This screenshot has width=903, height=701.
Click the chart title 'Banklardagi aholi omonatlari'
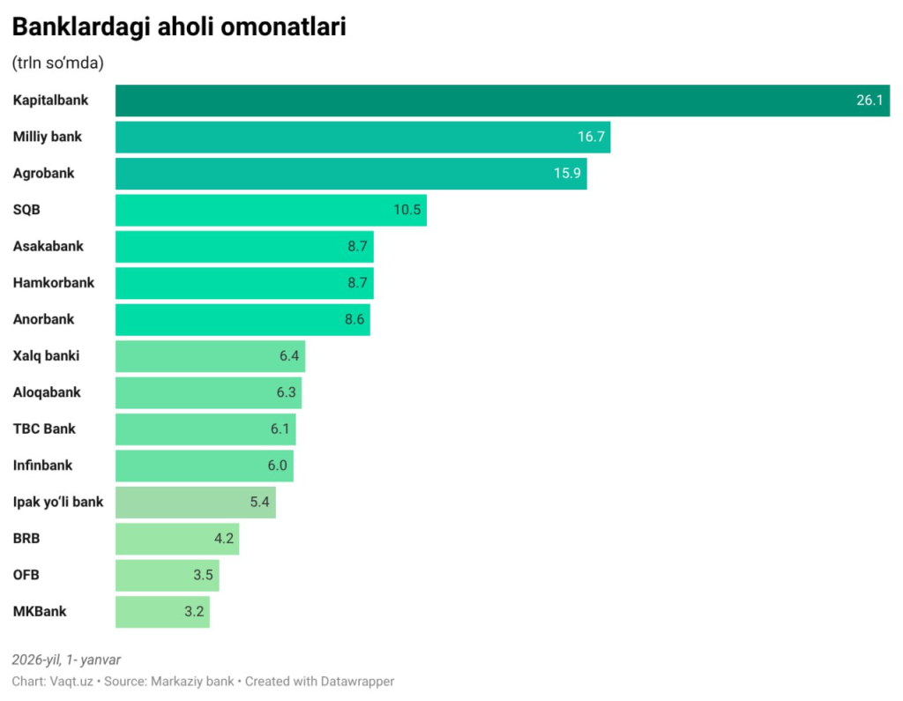[x=178, y=27]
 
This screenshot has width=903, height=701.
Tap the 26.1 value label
[x=869, y=101]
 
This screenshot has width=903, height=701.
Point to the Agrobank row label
[x=43, y=174]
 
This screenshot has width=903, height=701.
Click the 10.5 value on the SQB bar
[x=407, y=210]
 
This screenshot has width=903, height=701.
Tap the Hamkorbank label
[x=53, y=283]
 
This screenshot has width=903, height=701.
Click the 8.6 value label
[x=354, y=319]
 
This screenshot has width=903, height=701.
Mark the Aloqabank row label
[x=46, y=392]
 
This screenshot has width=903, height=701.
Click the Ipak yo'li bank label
[x=57, y=503]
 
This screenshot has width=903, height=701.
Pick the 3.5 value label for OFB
[x=203, y=576]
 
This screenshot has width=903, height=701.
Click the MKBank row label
[x=39, y=612]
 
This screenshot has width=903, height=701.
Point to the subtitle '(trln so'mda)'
[x=57, y=63]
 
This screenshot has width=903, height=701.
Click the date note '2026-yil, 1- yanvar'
[x=66, y=660]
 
